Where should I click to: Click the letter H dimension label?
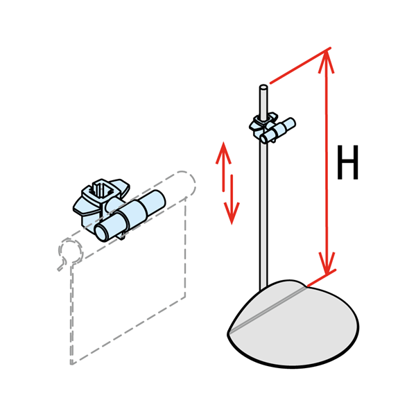point(347,162)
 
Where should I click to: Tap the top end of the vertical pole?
point(263,87)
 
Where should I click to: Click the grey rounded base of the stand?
point(293,324)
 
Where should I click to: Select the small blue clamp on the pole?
point(272,128)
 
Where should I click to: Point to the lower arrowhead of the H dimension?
point(327,263)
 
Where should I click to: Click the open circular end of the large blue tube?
point(101,232)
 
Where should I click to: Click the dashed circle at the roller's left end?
point(70,251)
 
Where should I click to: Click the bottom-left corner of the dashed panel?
point(71,363)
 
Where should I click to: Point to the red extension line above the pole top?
point(300,66)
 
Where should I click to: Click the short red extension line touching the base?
point(321,278)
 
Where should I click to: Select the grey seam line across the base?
point(268,310)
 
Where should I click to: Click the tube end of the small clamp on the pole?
point(264,139)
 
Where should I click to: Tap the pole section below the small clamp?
point(263,215)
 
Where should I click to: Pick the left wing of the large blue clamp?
point(83,207)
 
